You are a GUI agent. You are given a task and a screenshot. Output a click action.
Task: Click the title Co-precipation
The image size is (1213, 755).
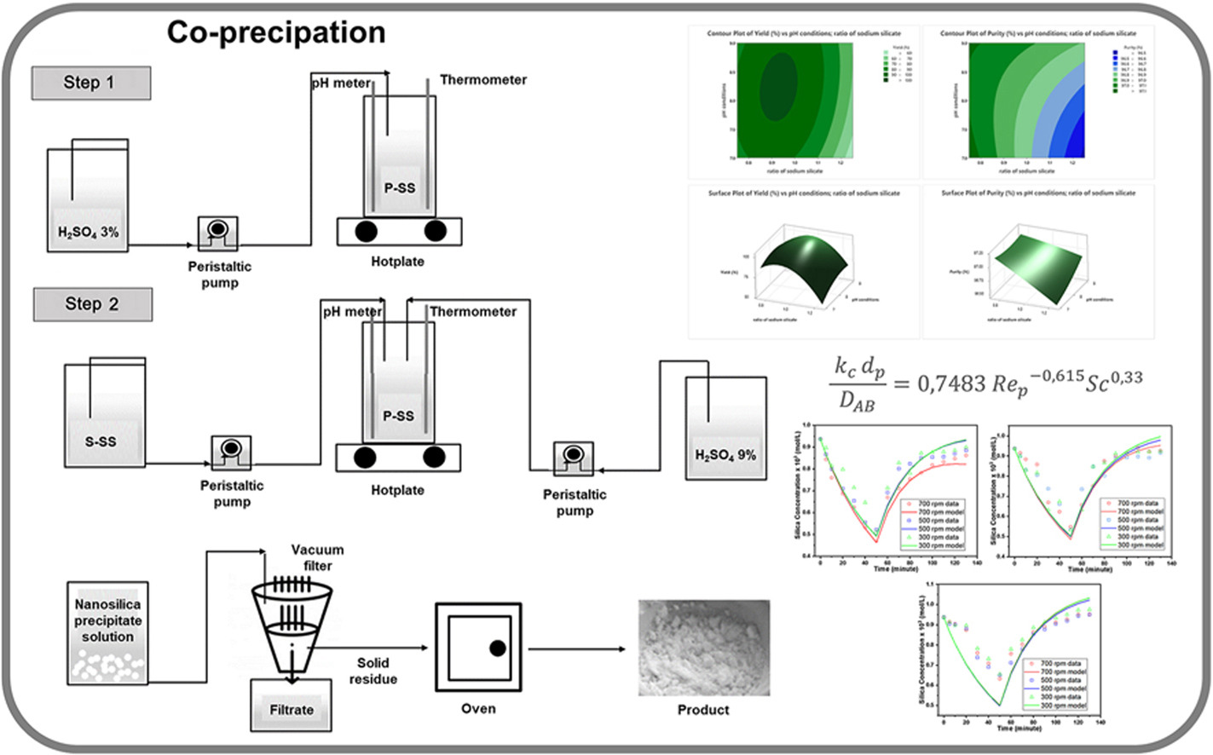pos(275,32)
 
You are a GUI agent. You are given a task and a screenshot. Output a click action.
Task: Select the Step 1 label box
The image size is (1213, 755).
pos(90,83)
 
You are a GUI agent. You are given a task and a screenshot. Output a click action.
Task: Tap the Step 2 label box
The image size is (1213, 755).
pos(92,304)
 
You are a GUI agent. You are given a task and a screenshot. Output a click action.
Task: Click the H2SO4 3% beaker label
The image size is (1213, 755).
pos(88,232)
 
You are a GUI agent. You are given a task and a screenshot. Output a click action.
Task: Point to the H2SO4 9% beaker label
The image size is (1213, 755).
pos(725,455)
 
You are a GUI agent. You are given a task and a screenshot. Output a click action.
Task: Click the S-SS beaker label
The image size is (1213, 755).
pos(101,441)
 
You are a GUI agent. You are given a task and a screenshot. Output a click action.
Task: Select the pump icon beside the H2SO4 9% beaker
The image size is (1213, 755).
pos(573,458)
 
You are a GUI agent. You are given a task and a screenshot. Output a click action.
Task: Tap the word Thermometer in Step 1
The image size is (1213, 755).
pos(482,80)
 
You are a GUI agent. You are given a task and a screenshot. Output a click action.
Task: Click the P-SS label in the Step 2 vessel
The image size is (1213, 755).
pos(398,416)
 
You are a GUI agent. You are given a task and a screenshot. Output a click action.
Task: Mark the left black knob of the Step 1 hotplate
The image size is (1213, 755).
pos(367,230)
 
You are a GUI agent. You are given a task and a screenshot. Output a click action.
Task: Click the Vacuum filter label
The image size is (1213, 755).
pos(317,557)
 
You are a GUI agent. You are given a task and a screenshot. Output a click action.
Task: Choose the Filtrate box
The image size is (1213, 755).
pos(292,709)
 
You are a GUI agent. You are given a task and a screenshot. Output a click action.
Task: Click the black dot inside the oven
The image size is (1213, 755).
pos(497,648)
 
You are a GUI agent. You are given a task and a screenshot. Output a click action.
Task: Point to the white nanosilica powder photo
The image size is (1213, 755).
pos(704,648)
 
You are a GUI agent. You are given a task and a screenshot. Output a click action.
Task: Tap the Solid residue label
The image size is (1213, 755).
pos(373,671)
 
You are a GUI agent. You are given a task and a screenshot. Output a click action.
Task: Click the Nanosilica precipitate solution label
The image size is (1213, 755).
pos(107,620)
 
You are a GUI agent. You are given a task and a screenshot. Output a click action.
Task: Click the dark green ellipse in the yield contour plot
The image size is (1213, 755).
pos(777,85)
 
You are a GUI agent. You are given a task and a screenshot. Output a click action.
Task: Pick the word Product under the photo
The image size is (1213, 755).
pos(703,709)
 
